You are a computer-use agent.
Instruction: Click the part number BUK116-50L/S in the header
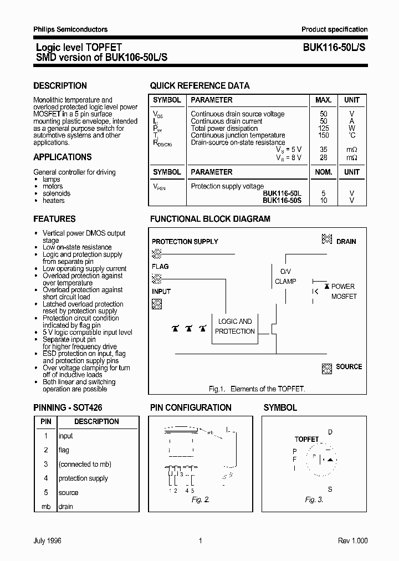point(334,48)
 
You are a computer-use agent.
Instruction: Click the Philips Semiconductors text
point(70,29)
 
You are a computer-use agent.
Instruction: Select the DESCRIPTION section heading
point(60,86)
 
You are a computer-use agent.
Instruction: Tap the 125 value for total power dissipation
point(324,128)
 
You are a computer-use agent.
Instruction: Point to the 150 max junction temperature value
point(324,135)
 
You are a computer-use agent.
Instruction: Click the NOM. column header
point(324,172)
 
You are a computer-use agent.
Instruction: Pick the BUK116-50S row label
point(282,200)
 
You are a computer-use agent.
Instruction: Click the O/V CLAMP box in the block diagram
point(285,276)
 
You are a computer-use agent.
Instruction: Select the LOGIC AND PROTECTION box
point(235,327)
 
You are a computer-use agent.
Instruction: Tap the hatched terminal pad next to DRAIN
point(327,239)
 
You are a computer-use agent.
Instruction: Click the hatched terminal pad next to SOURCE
point(327,368)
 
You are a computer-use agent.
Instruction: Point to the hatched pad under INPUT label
point(157,303)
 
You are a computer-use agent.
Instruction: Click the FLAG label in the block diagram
point(160,267)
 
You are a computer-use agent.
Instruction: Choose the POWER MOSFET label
point(344,292)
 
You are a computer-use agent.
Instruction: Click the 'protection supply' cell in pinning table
point(83,478)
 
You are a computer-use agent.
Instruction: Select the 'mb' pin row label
point(46,507)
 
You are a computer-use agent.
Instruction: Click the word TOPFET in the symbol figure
point(306,439)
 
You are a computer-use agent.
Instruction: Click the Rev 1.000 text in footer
point(352,541)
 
